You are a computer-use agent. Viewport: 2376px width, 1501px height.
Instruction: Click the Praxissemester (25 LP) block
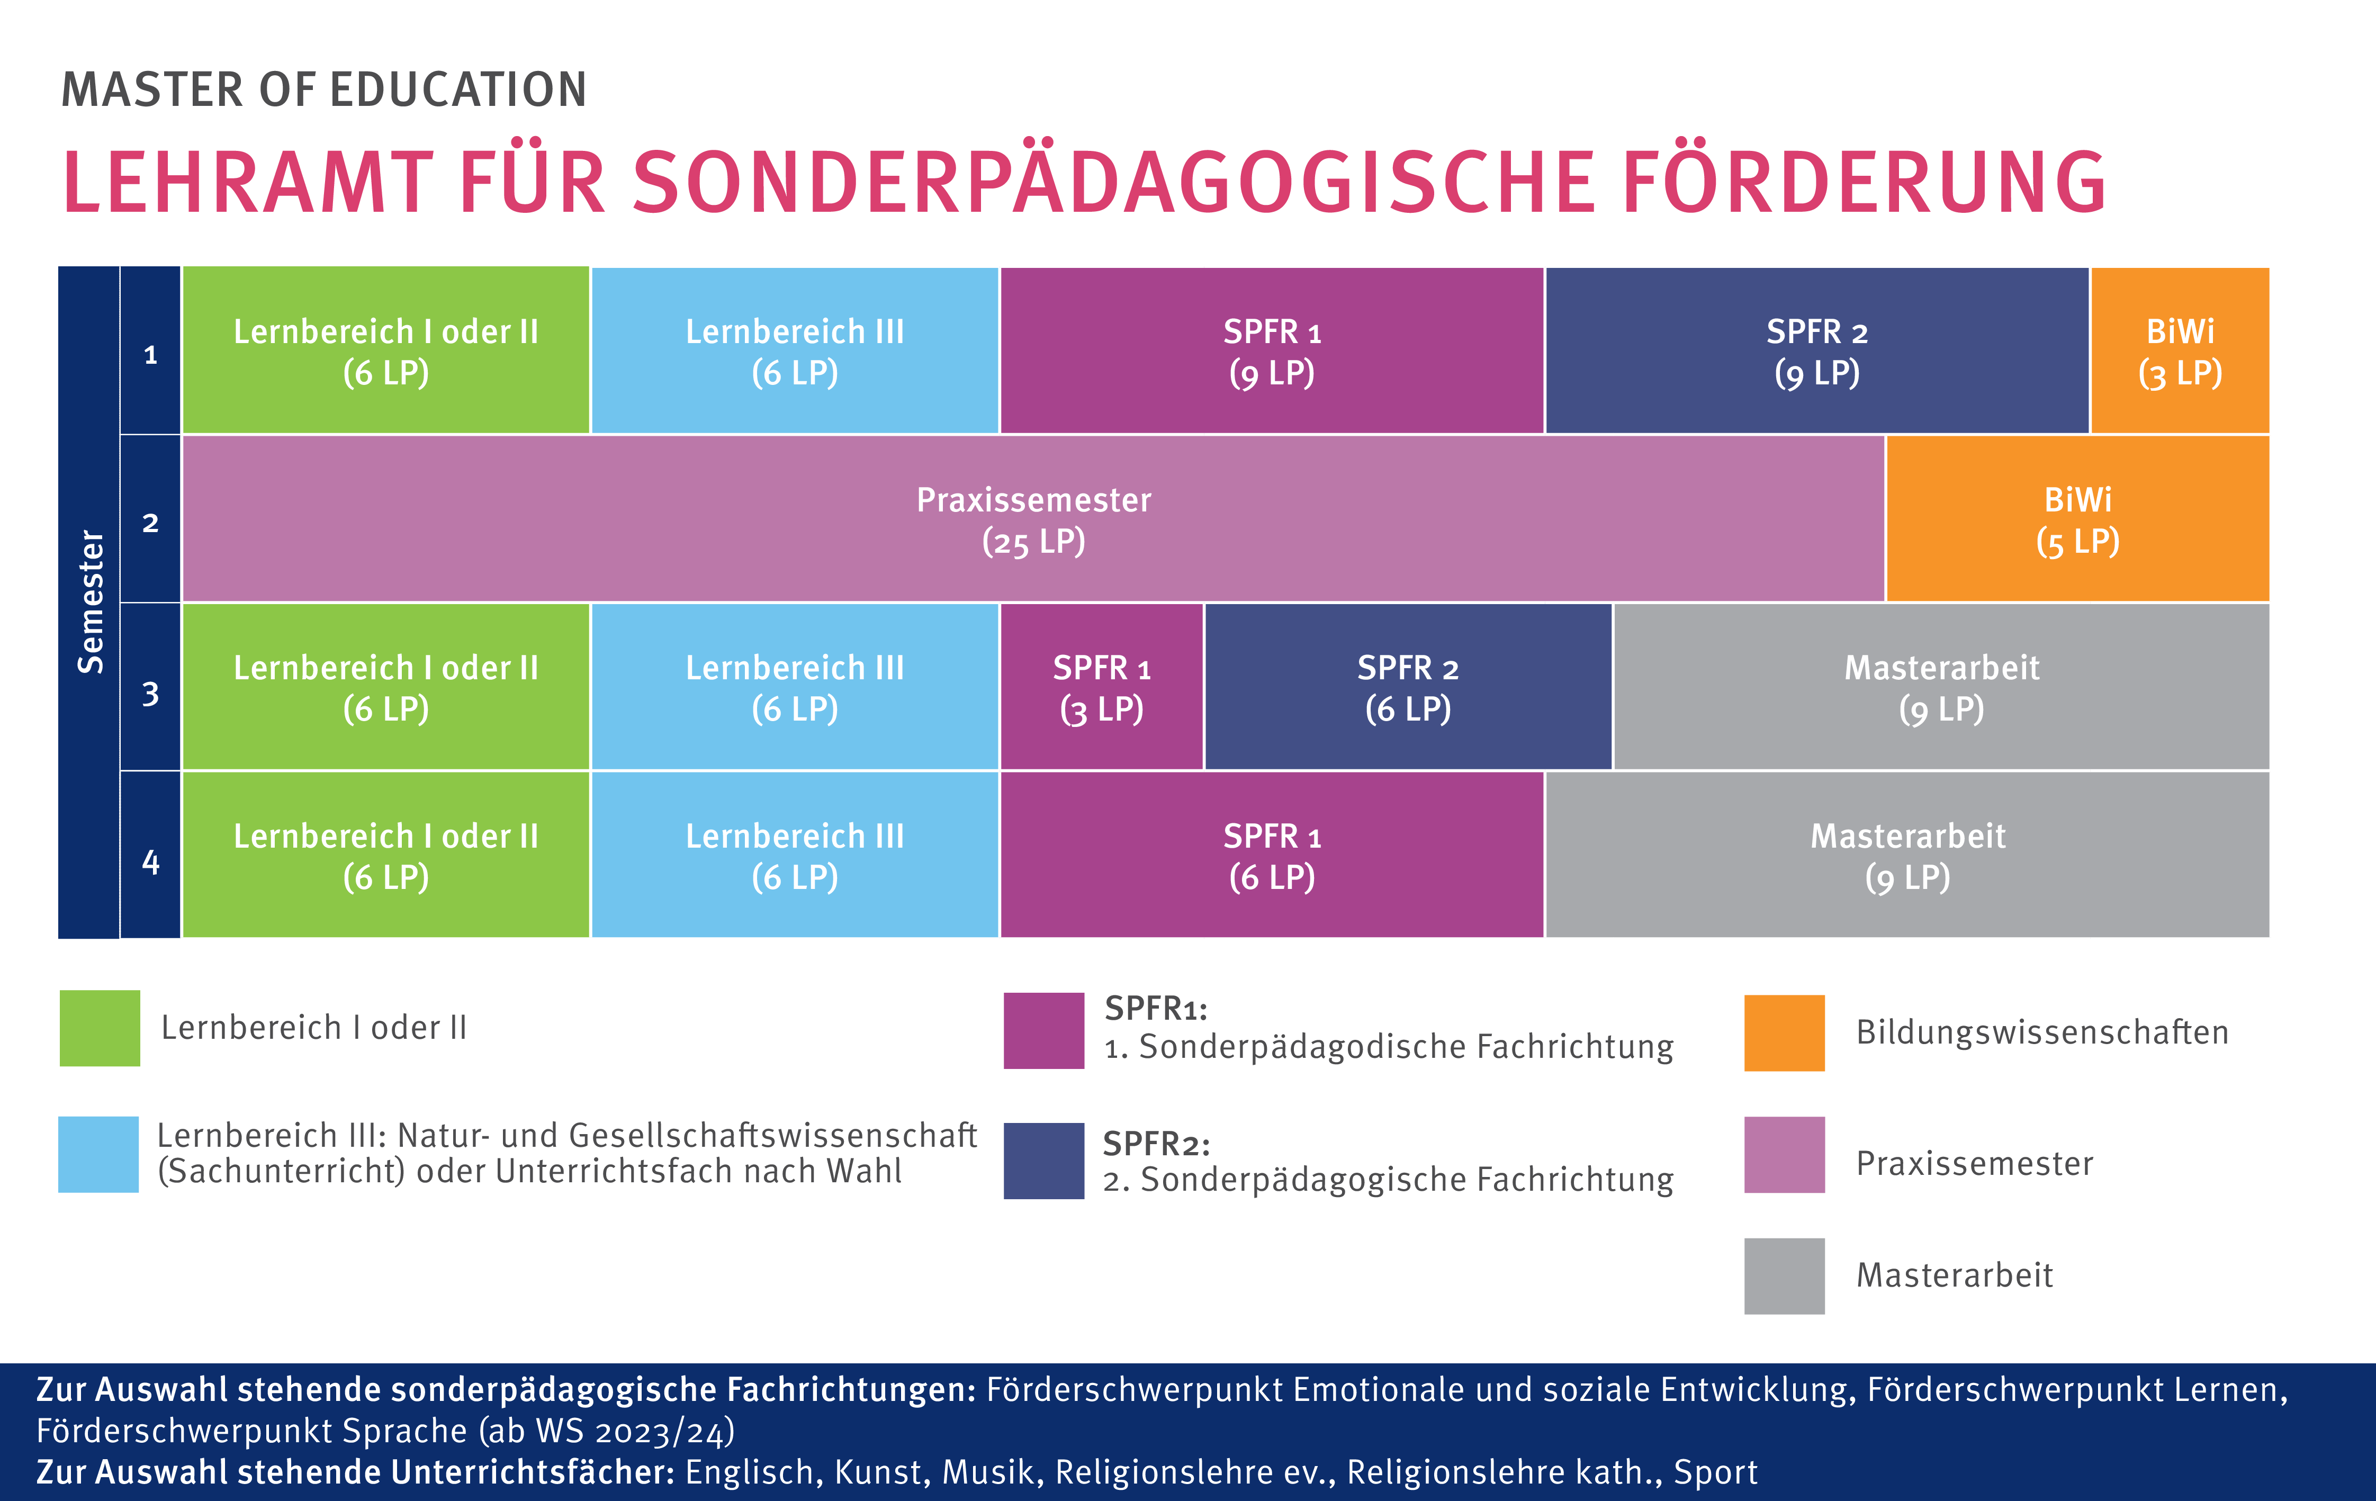tap(1033, 519)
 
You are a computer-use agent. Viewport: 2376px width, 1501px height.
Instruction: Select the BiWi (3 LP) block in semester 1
tap(2180, 352)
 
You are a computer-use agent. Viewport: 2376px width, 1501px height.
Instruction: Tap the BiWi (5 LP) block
tap(2077, 519)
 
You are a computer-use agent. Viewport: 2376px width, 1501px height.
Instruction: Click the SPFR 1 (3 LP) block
tap(1101, 687)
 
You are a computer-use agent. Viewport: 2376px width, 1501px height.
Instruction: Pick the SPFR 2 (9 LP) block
tap(1816, 352)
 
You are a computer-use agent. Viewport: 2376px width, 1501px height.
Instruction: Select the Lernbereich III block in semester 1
tap(794, 352)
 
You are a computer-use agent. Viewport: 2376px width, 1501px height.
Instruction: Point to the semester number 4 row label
tap(150, 861)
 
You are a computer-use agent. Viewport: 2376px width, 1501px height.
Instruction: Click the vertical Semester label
tap(90, 602)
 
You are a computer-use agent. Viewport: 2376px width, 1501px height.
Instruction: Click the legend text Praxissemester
tap(1974, 1164)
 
